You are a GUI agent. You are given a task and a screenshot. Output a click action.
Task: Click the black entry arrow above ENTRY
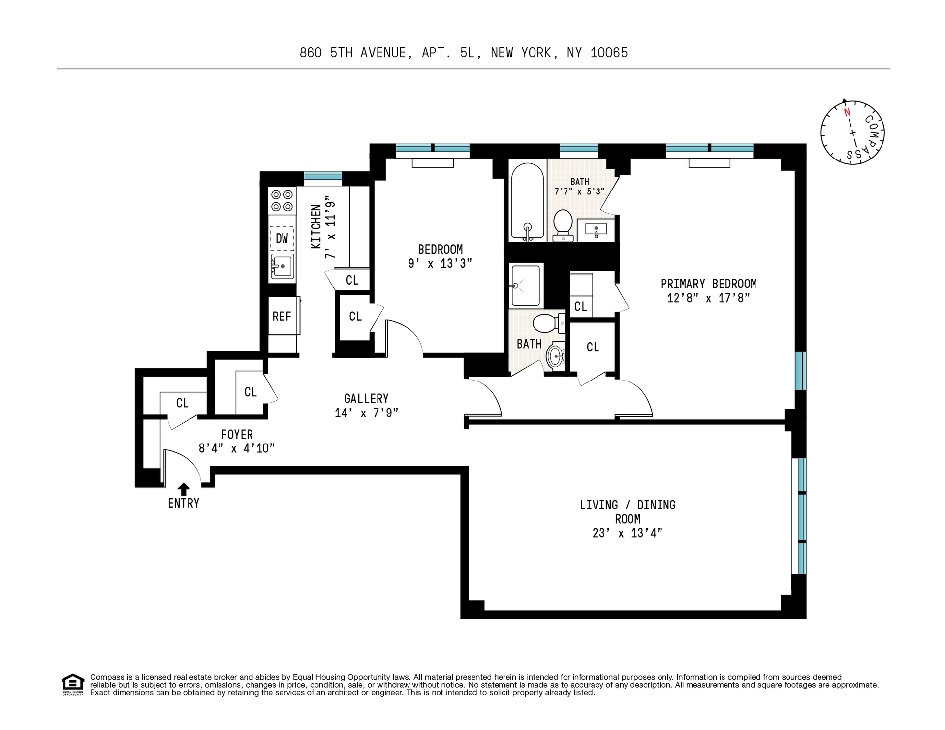coord(184,488)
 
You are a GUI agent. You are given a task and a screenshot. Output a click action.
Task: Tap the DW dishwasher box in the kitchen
coord(282,239)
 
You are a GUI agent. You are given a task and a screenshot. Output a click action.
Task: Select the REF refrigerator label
coord(282,317)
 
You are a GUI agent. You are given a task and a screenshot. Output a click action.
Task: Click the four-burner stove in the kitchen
coord(282,200)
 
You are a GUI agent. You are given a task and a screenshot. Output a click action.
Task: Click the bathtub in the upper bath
coord(527,202)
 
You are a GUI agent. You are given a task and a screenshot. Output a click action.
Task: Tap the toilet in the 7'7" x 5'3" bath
coord(563,225)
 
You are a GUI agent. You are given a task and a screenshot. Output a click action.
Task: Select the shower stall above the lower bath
coord(526,286)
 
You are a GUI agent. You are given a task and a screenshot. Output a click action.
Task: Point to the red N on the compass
coord(847,112)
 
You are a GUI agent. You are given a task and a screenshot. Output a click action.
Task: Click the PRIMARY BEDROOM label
coord(708,284)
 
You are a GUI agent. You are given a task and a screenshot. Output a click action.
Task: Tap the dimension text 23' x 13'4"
coord(627,533)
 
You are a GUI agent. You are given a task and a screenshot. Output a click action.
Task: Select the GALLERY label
coord(366,399)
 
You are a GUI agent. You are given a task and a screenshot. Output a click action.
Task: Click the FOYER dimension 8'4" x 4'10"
coord(236,448)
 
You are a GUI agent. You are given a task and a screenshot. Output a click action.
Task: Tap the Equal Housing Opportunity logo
coord(73,684)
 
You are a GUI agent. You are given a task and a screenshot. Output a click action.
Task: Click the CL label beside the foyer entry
coord(182,403)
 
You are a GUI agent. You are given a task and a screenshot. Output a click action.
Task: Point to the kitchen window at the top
coord(322,176)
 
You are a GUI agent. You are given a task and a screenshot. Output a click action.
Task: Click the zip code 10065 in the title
coord(609,53)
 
